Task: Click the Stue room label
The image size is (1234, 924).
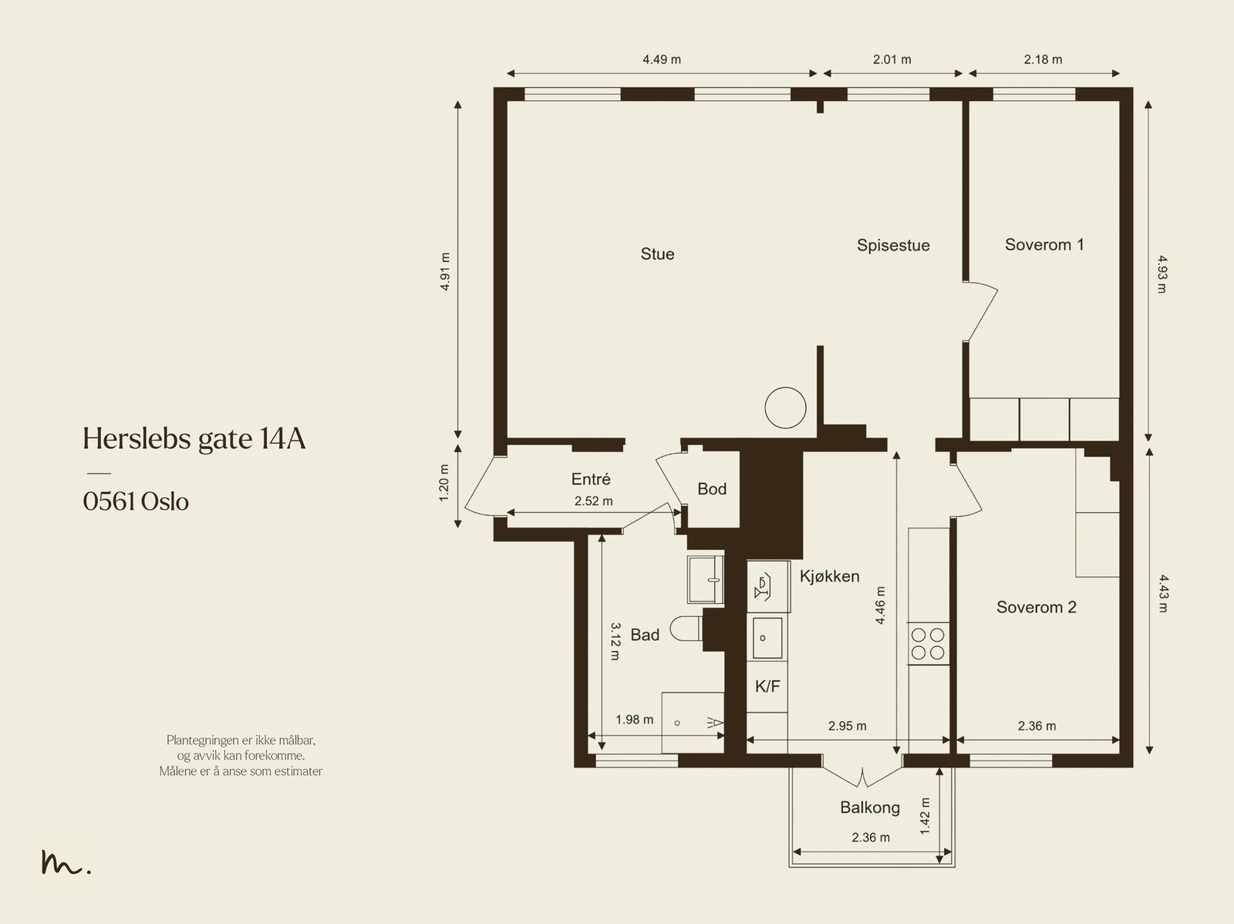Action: click(x=657, y=254)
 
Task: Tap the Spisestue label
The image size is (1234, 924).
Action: click(x=893, y=245)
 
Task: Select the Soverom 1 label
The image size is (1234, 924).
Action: click(x=1044, y=244)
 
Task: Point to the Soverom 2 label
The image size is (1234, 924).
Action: click(x=1036, y=607)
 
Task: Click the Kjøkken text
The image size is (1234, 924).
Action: click(x=829, y=576)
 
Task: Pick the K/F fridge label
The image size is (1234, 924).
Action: click(x=767, y=686)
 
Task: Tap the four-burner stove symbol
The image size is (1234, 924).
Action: click(x=928, y=644)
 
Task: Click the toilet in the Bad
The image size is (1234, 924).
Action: click(x=686, y=628)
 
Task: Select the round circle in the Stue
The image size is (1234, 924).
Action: click(x=785, y=407)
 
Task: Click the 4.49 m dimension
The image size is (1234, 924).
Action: click(x=661, y=59)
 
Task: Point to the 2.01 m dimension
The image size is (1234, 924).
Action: click(x=892, y=59)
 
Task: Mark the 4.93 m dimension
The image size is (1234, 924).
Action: click(x=1162, y=274)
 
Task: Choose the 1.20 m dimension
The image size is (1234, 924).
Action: click(x=444, y=483)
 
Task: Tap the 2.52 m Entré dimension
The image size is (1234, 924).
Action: click(x=593, y=501)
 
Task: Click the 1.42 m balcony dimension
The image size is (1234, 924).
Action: click(x=925, y=816)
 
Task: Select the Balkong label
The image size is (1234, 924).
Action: click(x=870, y=808)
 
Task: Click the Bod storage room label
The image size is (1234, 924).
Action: click(x=712, y=489)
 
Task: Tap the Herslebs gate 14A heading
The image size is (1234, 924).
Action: click(x=194, y=439)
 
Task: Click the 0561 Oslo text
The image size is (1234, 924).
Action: click(x=136, y=502)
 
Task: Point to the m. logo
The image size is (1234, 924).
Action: click(x=66, y=862)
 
